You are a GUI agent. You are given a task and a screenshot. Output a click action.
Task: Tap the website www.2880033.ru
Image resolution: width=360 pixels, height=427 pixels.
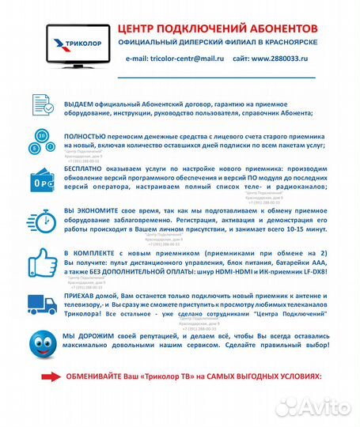(281, 59)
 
